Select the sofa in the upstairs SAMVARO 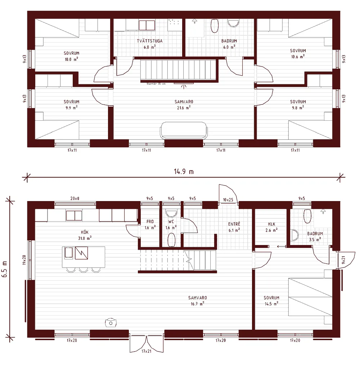point(184,130)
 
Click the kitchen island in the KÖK point(84,257)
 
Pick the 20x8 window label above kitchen point(75,199)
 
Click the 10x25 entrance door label point(228,200)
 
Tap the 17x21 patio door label point(147,351)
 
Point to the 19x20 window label point(24,260)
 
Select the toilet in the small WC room point(172,239)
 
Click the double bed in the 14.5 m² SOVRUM point(310,297)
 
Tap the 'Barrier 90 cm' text point(156,84)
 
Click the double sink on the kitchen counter point(74,215)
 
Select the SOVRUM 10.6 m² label point(298,53)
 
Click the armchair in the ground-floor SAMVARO point(111,322)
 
